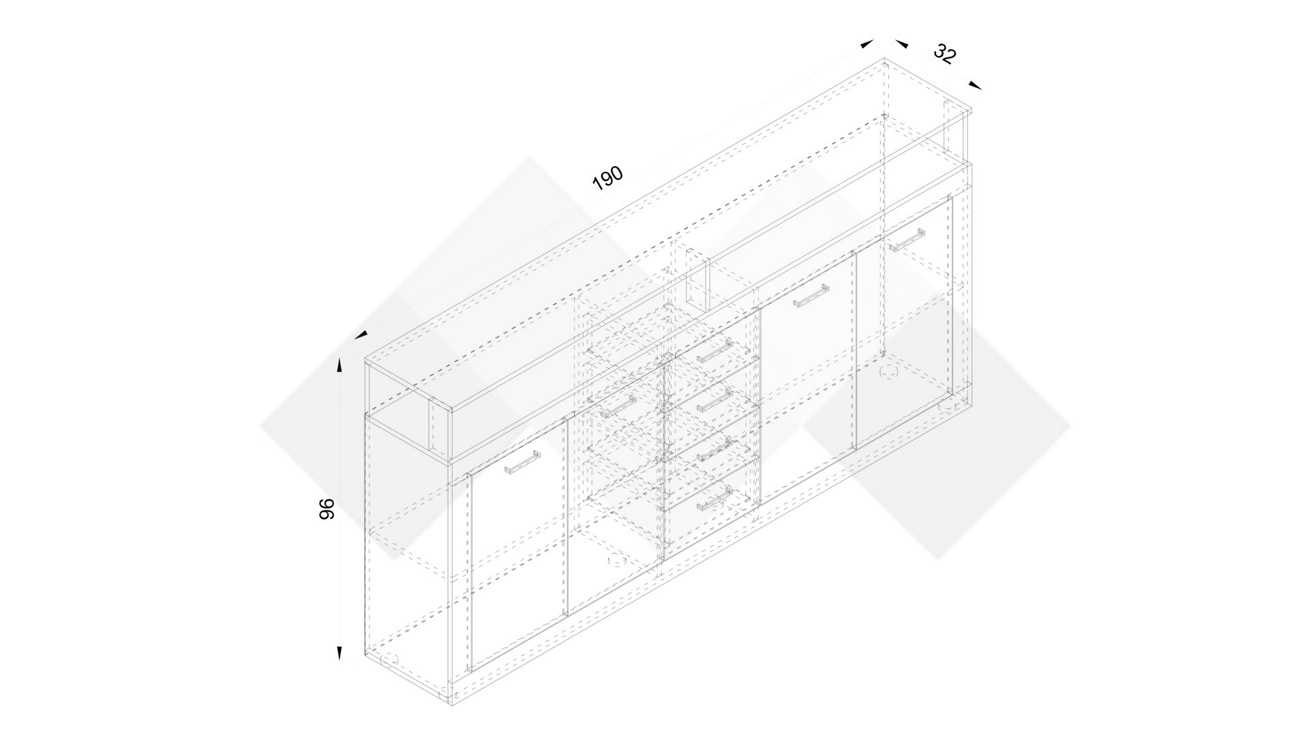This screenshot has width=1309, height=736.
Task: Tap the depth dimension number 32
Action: point(944,54)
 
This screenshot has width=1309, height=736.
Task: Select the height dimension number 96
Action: point(327,509)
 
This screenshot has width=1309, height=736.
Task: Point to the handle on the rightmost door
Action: point(905,241)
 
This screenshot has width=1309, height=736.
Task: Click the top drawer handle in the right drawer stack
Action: point(713,351)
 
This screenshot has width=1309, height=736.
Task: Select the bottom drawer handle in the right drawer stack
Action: point(713,498)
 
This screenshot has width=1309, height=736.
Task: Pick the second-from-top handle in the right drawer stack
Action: point(713,400)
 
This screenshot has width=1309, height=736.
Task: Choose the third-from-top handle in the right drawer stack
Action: point(713,449)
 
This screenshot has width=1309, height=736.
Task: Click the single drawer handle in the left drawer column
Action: point(618,406)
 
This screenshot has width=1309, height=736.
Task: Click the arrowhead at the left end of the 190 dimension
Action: point(361,335)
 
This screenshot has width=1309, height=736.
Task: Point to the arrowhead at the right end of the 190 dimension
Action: point(867,44)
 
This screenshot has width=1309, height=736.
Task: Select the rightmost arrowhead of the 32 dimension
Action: point(976,85)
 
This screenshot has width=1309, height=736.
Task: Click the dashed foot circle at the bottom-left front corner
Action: point(389,659)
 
